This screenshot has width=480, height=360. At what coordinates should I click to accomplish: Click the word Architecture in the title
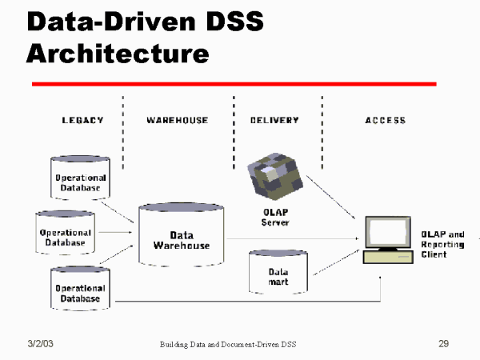(x=118, y=53)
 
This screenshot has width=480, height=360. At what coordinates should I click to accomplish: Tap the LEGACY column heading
(x=82, y=121)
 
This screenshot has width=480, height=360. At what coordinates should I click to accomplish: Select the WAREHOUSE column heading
(x=177, y=121)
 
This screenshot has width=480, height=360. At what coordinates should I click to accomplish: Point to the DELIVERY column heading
(x=274, y=121)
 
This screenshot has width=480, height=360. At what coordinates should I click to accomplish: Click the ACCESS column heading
(x=385, y=121)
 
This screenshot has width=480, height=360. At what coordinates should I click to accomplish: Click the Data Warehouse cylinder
(x=182, y=238)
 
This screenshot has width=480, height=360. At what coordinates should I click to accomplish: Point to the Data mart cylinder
(x=278, y=274)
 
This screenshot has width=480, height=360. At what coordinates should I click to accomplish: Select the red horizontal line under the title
(x=234, y=83)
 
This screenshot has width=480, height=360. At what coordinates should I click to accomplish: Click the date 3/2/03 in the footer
(x=41, y=343)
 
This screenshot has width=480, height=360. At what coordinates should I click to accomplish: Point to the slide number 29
(x=443, y=343)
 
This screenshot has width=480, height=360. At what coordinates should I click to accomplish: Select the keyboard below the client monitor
(x=387, y=257)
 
